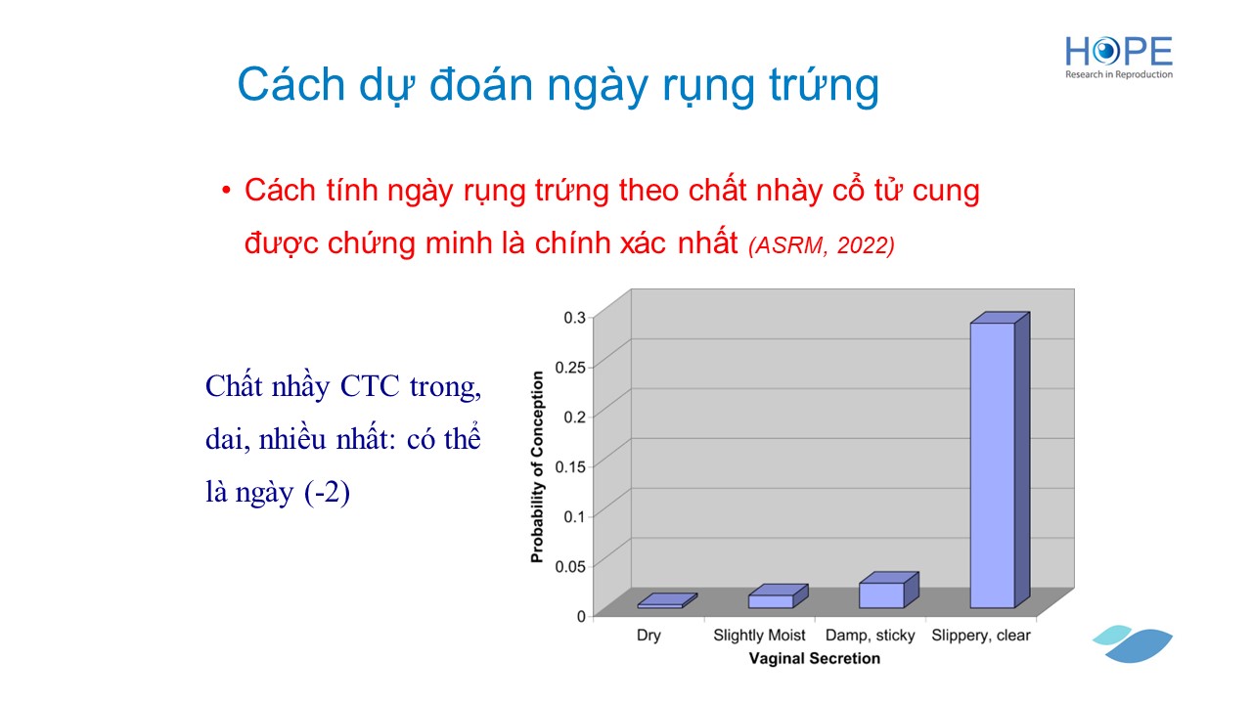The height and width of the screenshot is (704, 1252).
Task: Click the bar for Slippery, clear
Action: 1000,460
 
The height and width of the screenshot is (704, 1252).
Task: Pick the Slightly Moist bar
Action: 778,596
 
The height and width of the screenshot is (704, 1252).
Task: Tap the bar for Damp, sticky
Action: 889,590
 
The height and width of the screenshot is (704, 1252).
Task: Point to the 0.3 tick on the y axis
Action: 574,318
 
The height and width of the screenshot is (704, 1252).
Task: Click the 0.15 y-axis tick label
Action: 570,466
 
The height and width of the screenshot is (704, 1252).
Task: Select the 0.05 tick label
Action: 570,566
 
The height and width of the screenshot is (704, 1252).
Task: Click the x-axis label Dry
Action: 648,636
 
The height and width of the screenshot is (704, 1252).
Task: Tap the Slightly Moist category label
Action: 759,636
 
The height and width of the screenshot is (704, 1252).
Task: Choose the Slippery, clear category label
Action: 981,636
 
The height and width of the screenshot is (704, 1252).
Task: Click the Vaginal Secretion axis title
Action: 815,659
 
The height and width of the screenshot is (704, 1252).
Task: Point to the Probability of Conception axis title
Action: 537,467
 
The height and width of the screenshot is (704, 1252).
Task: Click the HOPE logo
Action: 1118,58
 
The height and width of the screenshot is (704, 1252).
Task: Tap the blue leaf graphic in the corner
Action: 1133,644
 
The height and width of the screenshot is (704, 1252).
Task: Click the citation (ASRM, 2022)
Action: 822,245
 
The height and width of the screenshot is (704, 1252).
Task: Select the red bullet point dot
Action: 226,191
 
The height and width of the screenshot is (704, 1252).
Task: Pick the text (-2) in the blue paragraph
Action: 327,493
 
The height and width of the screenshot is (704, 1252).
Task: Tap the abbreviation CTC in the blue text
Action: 370,386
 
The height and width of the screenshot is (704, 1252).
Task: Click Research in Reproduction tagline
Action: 1118,74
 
